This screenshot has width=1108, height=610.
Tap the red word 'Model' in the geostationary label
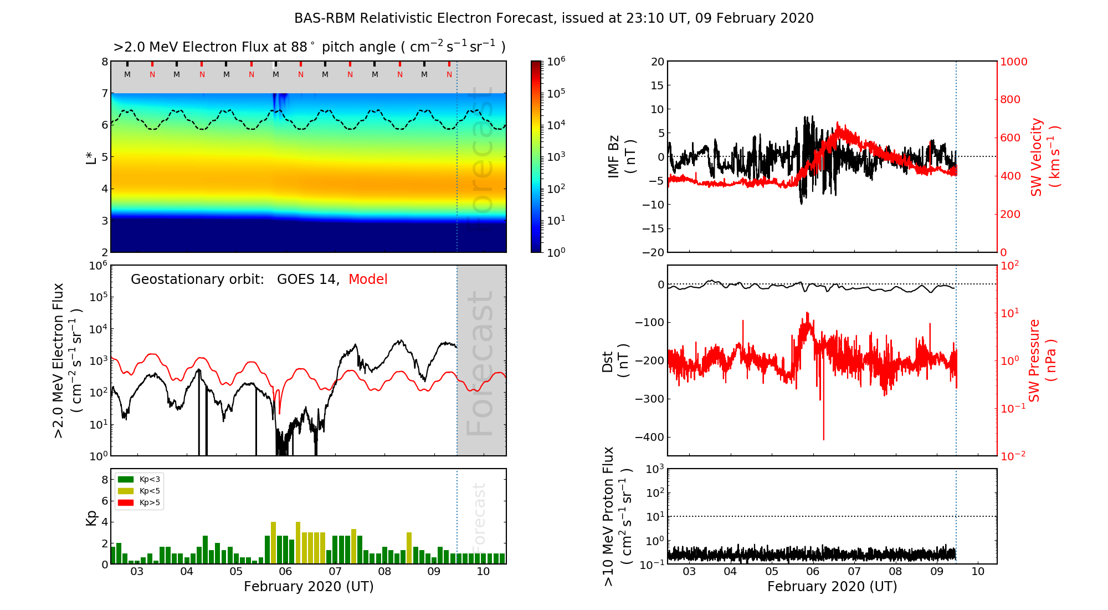[x=368, y=279]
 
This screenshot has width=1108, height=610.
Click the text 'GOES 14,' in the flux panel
[x=308, y=279]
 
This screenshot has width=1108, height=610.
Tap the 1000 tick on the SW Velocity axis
[x=1013, y=62]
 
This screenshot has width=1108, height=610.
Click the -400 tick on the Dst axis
[x=649, y=437]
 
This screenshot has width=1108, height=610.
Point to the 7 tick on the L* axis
[x=104, y=93]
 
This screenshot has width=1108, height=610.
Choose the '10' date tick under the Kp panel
[x=483, y=572]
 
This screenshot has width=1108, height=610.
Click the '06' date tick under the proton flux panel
[x=813, y=572]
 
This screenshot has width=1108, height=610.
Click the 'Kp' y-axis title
[x=91, y=517]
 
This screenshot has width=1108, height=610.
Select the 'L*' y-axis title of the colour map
[x=91, y=157]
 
